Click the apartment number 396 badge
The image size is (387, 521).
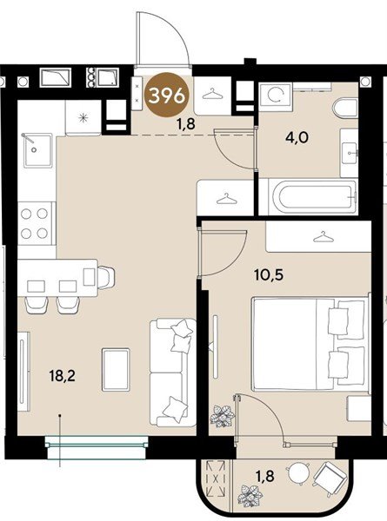(x=167, y=96)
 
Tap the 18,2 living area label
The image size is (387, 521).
(x=63, y=376)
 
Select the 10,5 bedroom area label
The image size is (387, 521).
(x=269, y=274)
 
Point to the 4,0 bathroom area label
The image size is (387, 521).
(x=297, y=137)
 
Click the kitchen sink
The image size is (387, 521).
(x=37, y=151)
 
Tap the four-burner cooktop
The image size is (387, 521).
(x=35, y=224)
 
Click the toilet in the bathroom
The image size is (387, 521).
(x=345, y=108)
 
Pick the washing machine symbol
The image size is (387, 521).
(x=275, y=95)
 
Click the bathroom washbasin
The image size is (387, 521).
(x=350, y=153)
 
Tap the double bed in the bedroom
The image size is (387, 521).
(x=310, y=344)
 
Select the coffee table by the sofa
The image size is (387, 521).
(x=116, y=369)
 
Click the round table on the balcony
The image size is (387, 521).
(x=298, y=473)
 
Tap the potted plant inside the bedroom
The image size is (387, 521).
(x=223, y=415)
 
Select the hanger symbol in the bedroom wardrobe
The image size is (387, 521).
(x=323, y=237)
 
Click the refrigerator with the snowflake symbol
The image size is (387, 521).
(x=83, y=117)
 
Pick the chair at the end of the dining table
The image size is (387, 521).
(x=106, y=277)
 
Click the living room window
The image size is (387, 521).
(x=97, y=447)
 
